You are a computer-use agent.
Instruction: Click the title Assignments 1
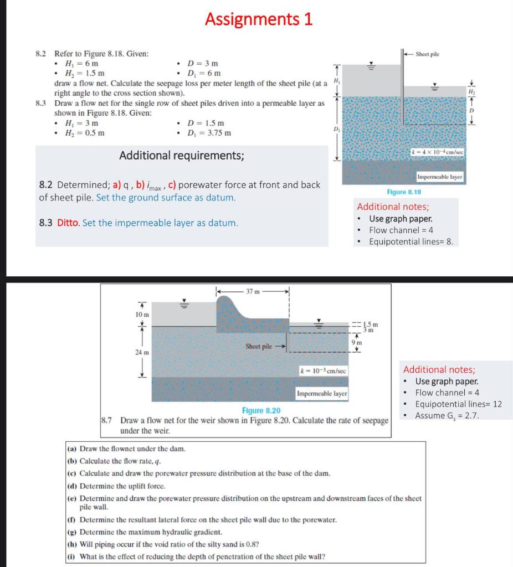click(259, 19)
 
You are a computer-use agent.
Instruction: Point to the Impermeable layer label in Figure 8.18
click(440, 177)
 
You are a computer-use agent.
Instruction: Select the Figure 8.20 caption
click(261, 410)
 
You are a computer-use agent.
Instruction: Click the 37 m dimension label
click(253, 291)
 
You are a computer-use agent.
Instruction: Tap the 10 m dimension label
click(142, 314)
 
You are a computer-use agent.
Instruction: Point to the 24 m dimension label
click(142, 352)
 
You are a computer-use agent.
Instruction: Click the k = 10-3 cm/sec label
click(322, 369)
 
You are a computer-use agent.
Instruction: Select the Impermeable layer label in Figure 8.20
click(322, 394)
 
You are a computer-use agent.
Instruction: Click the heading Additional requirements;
click(181, 155)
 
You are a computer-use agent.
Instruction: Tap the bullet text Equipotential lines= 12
click(458, 404)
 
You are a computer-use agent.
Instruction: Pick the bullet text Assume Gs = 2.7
click(447, 415)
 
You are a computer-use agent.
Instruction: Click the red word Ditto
click(68, 223)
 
